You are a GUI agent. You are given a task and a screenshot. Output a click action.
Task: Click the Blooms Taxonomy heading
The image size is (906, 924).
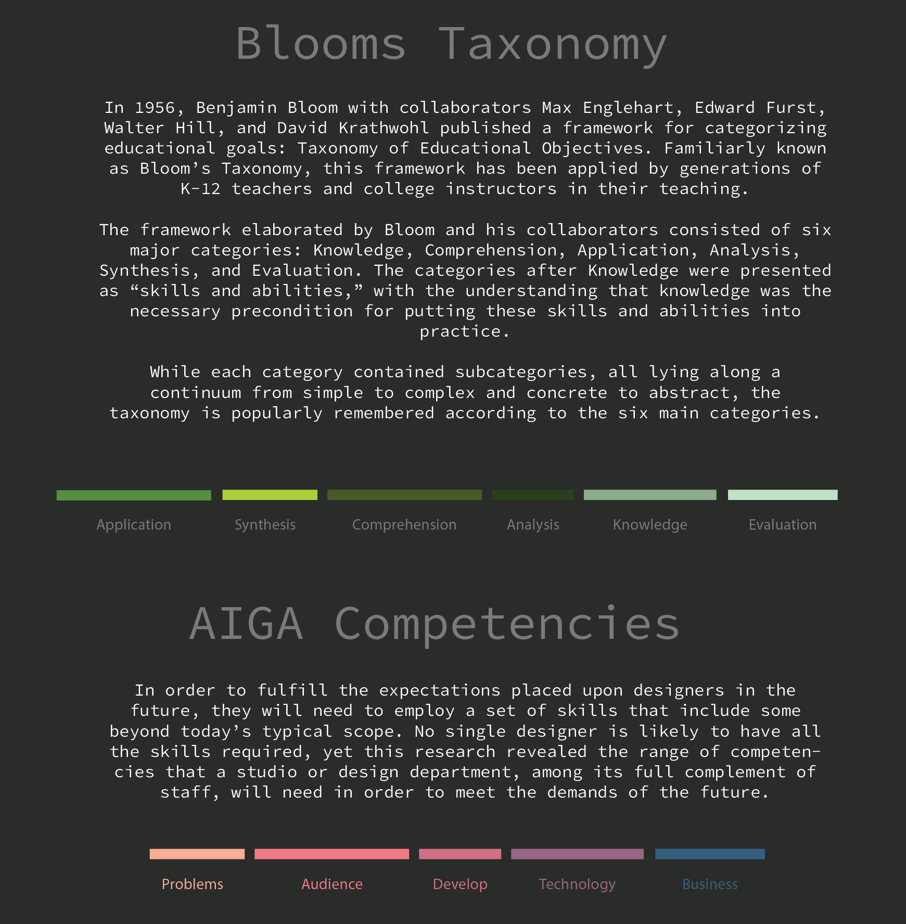(x=451, y=44)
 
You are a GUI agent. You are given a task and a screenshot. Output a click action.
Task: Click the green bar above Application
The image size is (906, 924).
(x=134, y=495)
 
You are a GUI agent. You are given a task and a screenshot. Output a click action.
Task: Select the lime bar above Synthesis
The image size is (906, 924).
(x=270, y=495)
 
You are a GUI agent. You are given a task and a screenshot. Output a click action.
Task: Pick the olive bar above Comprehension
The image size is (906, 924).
(x=404, y=495)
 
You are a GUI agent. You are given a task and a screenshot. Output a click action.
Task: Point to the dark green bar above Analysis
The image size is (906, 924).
(x=533, y=495)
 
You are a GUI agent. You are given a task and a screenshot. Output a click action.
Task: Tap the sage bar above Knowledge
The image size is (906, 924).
(x=650, y=495)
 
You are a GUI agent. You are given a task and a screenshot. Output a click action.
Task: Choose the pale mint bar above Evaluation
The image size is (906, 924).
(x=783, y=495)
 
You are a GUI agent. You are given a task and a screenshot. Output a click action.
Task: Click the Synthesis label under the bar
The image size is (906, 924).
(x=265, y=524)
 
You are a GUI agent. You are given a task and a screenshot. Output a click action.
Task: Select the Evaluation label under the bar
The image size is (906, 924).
(x=783, y=524)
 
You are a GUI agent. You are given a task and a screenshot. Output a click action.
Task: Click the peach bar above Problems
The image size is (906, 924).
(x=197, y=854)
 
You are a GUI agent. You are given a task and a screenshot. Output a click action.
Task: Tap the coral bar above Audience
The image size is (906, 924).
(x=331, y=854)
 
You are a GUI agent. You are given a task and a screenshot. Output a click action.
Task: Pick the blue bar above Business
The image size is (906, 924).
(x=710, y=854)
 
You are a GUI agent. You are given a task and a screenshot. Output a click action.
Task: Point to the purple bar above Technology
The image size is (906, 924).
(x=577, y=854)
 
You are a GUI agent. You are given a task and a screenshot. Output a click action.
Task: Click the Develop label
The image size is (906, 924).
(x=460, y=884)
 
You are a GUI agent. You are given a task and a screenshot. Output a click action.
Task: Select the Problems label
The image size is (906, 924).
(x=193, y=884)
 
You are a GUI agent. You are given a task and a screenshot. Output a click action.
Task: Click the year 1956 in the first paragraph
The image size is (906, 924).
(x=155, y=108)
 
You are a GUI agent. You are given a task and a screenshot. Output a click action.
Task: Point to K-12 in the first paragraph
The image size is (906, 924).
(x=200, y=189)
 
